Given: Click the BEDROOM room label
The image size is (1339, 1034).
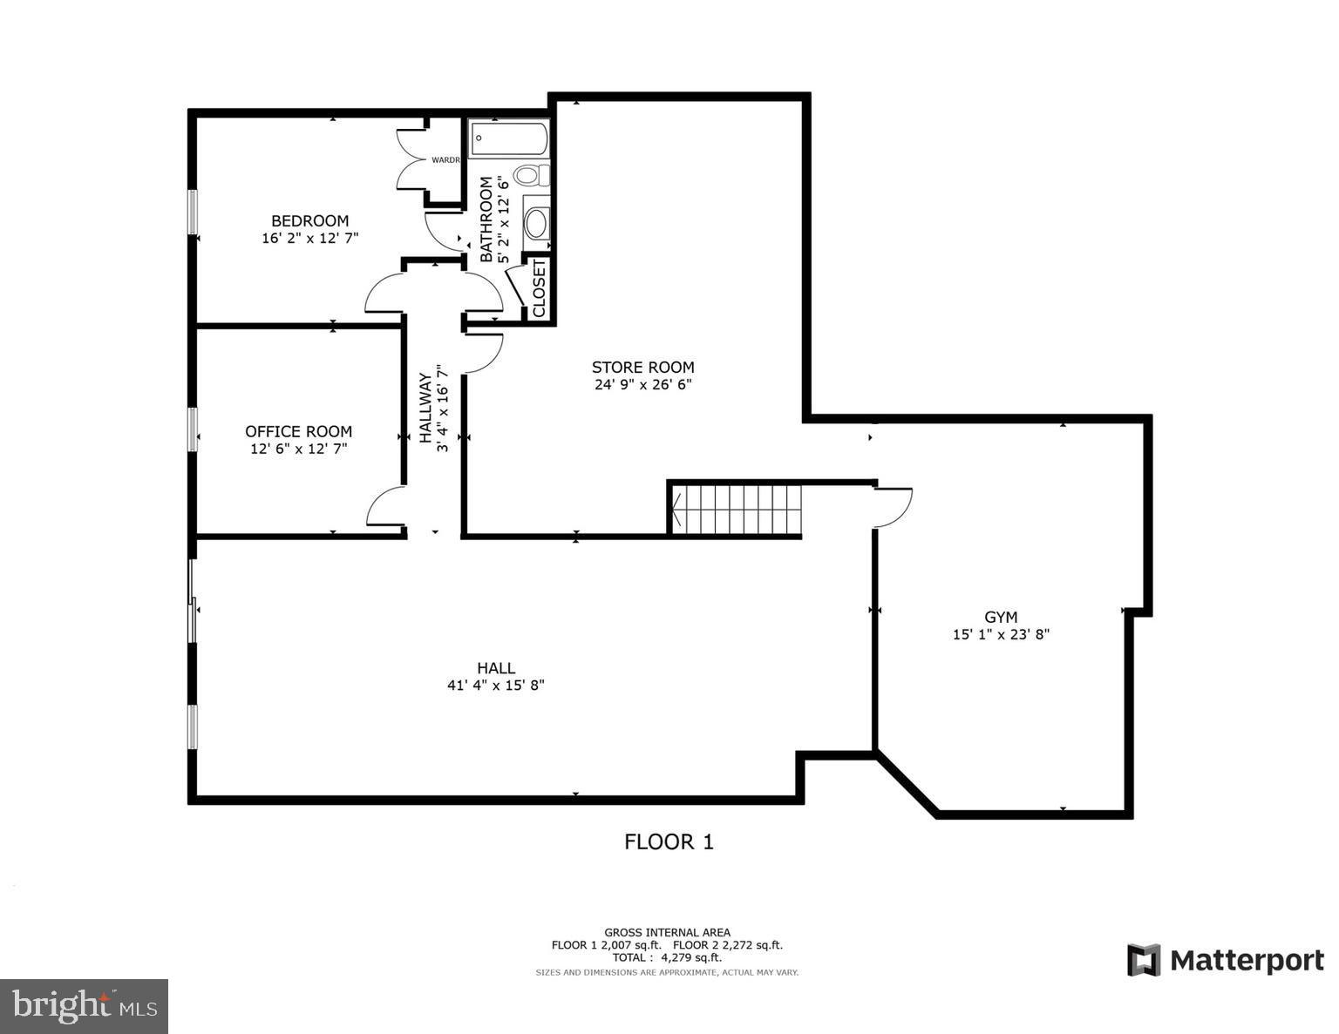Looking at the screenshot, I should coord(309,221).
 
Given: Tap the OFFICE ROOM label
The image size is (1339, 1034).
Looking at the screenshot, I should coord(298,431).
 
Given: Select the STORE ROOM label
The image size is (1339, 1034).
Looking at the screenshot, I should coord(642,367).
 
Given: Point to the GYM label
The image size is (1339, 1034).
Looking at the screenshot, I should coord(1001,617).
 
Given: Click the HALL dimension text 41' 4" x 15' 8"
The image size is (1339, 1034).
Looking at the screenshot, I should coord(495,686).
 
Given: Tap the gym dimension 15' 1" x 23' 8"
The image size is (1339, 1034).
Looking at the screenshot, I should coord(1001,635).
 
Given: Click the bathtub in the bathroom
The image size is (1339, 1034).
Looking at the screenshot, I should coord(509,139).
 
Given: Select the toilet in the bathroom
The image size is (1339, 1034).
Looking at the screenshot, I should coord(531,176).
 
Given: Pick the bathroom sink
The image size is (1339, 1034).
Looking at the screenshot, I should coord(536,223).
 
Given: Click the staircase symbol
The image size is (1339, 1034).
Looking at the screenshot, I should coord(735,509).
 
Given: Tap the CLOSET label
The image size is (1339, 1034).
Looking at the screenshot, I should coord(539,288).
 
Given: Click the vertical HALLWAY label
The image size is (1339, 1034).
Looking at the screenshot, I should coord(425,408).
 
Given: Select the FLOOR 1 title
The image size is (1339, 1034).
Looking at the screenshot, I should coord(669,841).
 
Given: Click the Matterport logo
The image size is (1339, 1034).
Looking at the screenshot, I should coord(1225,960).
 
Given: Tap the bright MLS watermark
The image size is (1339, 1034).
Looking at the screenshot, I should coord(84,1006).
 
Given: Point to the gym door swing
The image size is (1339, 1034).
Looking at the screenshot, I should coord(893,507).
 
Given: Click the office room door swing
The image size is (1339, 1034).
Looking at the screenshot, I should coord(385,507).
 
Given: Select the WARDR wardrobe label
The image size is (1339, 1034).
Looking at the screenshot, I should coord(445,159).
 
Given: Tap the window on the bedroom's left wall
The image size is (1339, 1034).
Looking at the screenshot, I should coord(194,212).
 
